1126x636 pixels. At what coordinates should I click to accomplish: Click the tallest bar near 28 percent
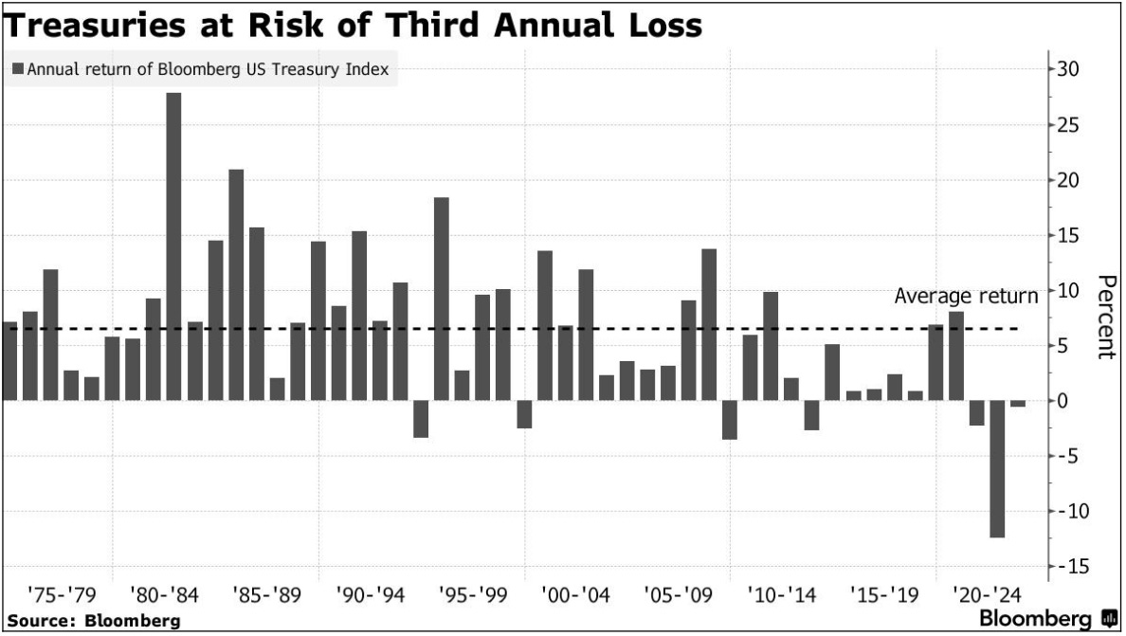tap(173, 246)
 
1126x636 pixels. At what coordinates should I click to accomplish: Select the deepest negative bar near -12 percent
tap(998, 469)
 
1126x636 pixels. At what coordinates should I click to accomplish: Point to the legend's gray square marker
tap(17, 69)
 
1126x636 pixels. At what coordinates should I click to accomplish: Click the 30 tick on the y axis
tap(1068, 69)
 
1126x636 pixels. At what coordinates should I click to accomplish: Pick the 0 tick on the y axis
tap(1064, 401)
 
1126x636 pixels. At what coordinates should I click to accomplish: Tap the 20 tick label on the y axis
tap(1068, 180)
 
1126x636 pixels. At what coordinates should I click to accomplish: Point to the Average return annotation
tap(966, 297)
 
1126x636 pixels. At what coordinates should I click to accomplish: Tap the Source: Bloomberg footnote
tap(92, 621)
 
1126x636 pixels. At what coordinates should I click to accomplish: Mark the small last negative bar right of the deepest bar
tap(1018, 404)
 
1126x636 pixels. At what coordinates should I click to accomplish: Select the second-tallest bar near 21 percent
tap(236, 284)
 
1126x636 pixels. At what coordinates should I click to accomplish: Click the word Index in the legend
tap(369, 69)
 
